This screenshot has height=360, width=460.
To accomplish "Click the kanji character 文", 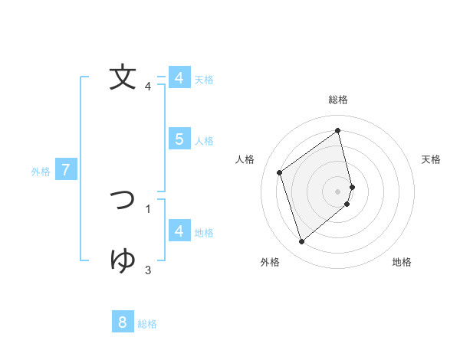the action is (x=123, y=77).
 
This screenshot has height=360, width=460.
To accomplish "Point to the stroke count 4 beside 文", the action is (x=148, y=87).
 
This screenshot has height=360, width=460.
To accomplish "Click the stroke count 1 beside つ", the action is (x=148, y=208).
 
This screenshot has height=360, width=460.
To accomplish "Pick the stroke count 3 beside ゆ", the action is (x=148, y=270).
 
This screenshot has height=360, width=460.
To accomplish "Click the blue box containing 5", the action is (x=179, y=139).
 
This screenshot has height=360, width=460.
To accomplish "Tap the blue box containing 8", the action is (x=123, y=322).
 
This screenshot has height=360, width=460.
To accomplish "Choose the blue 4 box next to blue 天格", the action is (x=179, y=78).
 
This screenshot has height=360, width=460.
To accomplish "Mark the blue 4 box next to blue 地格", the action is (x=179, y=231).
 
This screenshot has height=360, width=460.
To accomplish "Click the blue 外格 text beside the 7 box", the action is (x=41, y=172).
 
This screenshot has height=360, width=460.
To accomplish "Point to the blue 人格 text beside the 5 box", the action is (x=204, y=141).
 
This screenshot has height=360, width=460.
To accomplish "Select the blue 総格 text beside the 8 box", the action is (x=147, y=324).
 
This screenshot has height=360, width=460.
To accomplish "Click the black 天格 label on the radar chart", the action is (x=432, y=159).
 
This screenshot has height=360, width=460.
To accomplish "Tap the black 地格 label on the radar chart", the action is (x=402, y=262).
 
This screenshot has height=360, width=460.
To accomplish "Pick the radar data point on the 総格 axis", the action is (x=338, y=130).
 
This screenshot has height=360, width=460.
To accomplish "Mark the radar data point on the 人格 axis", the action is (x=280, y=172).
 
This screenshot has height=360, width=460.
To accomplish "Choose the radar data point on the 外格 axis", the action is (x=301, y=242).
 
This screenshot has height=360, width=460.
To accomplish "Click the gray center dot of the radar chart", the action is (x=338, y=191).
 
